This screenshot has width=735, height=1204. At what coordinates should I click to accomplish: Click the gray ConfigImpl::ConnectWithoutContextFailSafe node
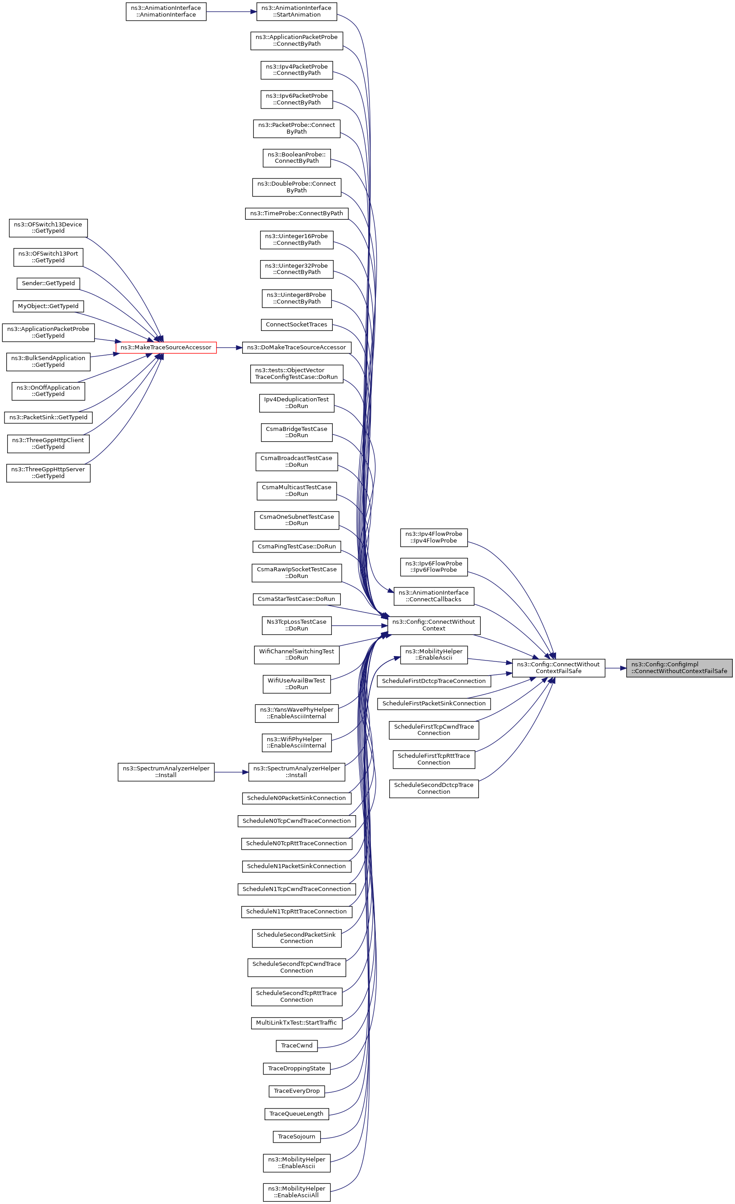[x=679, y=668]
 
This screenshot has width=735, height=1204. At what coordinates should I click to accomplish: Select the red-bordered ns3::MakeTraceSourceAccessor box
[x=166, y=348]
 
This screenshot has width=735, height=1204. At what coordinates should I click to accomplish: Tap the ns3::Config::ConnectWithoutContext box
[x=434, y=626]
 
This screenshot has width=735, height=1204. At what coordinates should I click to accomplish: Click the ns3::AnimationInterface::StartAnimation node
[x=296, y=12]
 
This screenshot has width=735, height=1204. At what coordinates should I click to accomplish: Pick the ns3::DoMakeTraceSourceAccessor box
[x=296, y=348]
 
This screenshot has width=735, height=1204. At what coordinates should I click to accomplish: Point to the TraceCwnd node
[x=296, y=1046]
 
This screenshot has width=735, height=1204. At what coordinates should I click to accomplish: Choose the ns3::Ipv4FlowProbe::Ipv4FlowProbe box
[x=434, y=538]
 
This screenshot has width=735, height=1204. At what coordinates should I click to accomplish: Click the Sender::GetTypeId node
[x=48, y=283]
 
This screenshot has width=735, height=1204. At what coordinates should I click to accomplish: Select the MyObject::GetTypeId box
[x=48, y=306]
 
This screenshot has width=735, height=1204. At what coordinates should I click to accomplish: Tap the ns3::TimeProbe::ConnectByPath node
[x=296, y=213]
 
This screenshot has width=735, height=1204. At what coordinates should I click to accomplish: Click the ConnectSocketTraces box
[x=296, y=325]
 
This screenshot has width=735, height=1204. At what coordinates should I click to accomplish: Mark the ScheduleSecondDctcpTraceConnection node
[x=434, y=789]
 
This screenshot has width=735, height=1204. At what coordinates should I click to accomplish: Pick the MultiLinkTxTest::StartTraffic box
[x=296, y=1023]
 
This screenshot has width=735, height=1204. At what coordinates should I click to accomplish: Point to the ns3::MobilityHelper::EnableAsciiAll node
[x=296, y=1192]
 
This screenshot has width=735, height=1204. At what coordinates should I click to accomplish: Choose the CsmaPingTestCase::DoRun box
[x=296, y=546]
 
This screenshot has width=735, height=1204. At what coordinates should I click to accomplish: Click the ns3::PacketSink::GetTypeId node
[x=48, y=417]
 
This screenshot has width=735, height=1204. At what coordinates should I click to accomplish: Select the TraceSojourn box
[x=296, y=1137]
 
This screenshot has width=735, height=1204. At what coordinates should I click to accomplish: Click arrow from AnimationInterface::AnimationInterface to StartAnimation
[x=231, y=12]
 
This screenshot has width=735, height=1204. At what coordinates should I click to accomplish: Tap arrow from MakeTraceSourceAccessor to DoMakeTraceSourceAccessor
[x=229, y=348]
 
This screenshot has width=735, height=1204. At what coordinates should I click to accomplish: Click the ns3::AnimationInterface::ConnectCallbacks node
[x=434, y=596]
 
